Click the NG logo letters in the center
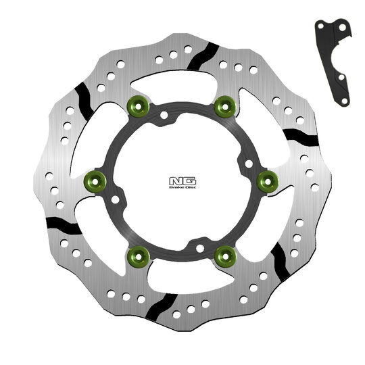pos(182,181)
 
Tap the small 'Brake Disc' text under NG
pos(182,188)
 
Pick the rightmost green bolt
pos(266,178)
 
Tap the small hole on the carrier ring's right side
pos(247,163)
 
